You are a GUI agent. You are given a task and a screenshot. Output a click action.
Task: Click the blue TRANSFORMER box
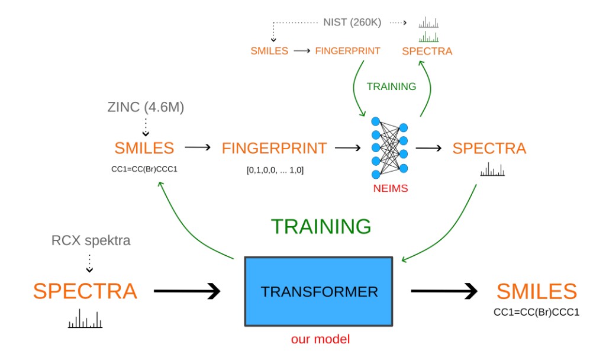click(318, 291)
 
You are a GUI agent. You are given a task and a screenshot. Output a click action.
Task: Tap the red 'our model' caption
click(320, 340)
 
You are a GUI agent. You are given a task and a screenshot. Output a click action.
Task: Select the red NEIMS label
click(388, 190)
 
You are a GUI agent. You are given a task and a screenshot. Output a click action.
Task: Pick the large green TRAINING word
click(321, 226)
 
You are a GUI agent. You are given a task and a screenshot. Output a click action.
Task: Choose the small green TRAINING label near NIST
click(391, 86)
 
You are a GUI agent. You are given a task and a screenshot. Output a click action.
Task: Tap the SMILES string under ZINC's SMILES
click(145, 169)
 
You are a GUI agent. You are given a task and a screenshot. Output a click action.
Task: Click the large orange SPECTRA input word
click(85, 291)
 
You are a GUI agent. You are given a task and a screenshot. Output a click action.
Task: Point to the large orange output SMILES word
click(536, 291)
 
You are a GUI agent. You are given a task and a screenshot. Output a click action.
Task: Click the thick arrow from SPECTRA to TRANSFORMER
click(186, 291)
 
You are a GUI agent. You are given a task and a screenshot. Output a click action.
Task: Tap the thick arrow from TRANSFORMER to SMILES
click(444, 291)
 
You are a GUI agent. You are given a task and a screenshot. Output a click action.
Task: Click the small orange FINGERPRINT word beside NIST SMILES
click(347, 51)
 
